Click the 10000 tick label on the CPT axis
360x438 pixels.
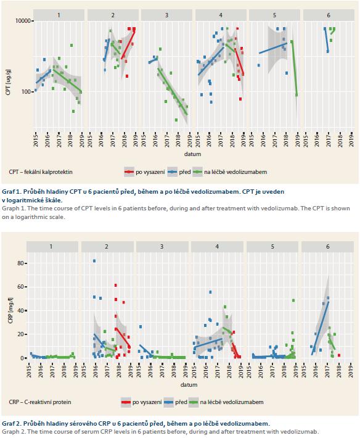[24, 21]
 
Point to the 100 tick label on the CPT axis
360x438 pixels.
[26, 92]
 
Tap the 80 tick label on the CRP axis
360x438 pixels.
[20, 263]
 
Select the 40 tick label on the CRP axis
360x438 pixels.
[20, 311]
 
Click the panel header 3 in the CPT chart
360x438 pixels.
[166, 15]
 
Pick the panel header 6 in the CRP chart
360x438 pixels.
[327, 247]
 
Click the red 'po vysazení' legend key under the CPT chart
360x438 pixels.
[129, 172]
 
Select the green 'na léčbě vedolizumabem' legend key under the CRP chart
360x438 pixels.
[194, 402]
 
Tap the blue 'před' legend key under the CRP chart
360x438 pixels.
[168, 402]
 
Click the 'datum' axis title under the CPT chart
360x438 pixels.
[192, 154]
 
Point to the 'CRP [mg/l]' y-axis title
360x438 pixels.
[10, 311]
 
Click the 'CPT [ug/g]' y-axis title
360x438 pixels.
[8, 81]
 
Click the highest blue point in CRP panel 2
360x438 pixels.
[94, 261]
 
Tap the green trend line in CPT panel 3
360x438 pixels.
[173, 91]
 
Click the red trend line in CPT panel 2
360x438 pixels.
[128, 44]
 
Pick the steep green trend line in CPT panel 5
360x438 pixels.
[294, 68]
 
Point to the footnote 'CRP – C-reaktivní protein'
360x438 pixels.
[40, 402]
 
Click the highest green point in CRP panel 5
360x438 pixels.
[293, 300]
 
